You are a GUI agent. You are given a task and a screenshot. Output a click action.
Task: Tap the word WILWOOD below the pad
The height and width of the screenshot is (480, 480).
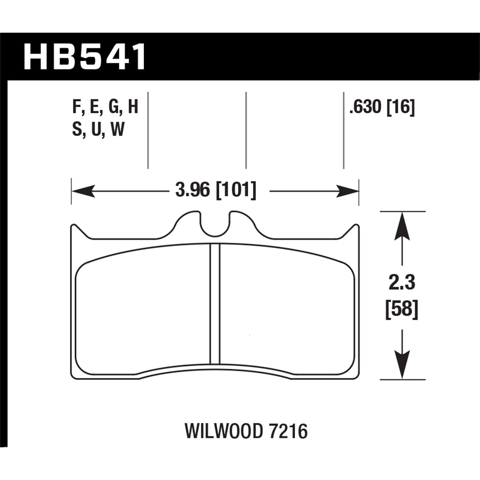click(x=223, y=431)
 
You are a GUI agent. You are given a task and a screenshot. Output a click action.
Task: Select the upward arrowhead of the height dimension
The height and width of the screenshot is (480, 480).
click(x=402, y=226)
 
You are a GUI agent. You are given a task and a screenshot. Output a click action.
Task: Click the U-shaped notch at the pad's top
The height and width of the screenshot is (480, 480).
click(x=215, y=226)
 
